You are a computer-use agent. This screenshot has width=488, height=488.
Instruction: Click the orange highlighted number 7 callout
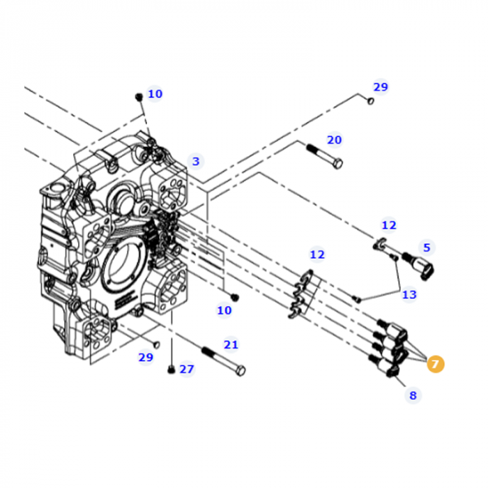click(435, 363)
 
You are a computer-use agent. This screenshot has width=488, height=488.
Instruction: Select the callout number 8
click(412, 395)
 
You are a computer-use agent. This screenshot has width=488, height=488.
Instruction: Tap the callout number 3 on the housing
click(196, 161)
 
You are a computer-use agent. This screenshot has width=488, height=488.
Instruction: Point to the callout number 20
click(335, 139)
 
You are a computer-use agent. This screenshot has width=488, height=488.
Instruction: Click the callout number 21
click(231, 344)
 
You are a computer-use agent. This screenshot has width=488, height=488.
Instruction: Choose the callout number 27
click(187, 369)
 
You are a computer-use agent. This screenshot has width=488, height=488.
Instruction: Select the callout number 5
click(427, 247)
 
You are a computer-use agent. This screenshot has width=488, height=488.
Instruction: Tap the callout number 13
click(409, 294)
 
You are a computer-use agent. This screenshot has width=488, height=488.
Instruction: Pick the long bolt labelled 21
click(222, 358)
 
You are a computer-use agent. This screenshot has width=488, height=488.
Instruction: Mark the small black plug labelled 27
click(171, 369)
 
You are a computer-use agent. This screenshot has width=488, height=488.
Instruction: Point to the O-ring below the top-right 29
click(370, 101)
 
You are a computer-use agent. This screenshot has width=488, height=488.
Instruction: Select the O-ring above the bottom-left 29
click(156, 344)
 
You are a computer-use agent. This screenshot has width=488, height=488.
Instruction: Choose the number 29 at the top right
click(380, 87)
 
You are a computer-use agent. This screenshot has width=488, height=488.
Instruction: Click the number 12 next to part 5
click(388, 224)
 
